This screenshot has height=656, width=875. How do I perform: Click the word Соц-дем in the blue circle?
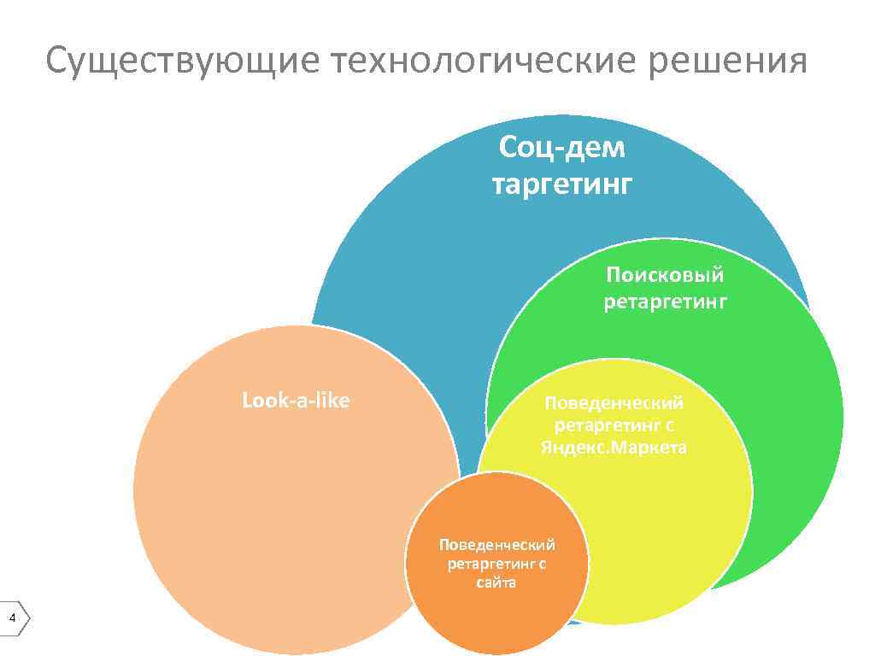[x=562, y=149]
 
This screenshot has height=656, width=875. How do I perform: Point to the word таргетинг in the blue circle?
[x=562, y=184]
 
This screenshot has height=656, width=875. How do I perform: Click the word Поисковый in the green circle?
[x=665, y=275]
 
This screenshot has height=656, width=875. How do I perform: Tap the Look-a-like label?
[x=297, y=401]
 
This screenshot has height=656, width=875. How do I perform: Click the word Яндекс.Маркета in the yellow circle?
[x=614, y=448]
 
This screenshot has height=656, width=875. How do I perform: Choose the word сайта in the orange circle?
[x=496, y=583]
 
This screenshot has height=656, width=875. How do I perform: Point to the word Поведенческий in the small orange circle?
[x=496, y=544]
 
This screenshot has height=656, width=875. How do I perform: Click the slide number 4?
[x=12, y=618]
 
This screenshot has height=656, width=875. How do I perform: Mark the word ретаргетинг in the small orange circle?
[x=491, y=564]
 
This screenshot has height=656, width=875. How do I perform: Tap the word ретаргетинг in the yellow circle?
[x=608, y=425]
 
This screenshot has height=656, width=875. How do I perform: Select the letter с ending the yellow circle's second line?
[x=671, y=425]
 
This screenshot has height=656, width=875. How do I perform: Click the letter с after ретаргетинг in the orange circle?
[x=542, y=564]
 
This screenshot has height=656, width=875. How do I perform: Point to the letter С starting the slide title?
[x=58, y=62]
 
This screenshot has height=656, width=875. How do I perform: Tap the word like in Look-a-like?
[x=332, y=401]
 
